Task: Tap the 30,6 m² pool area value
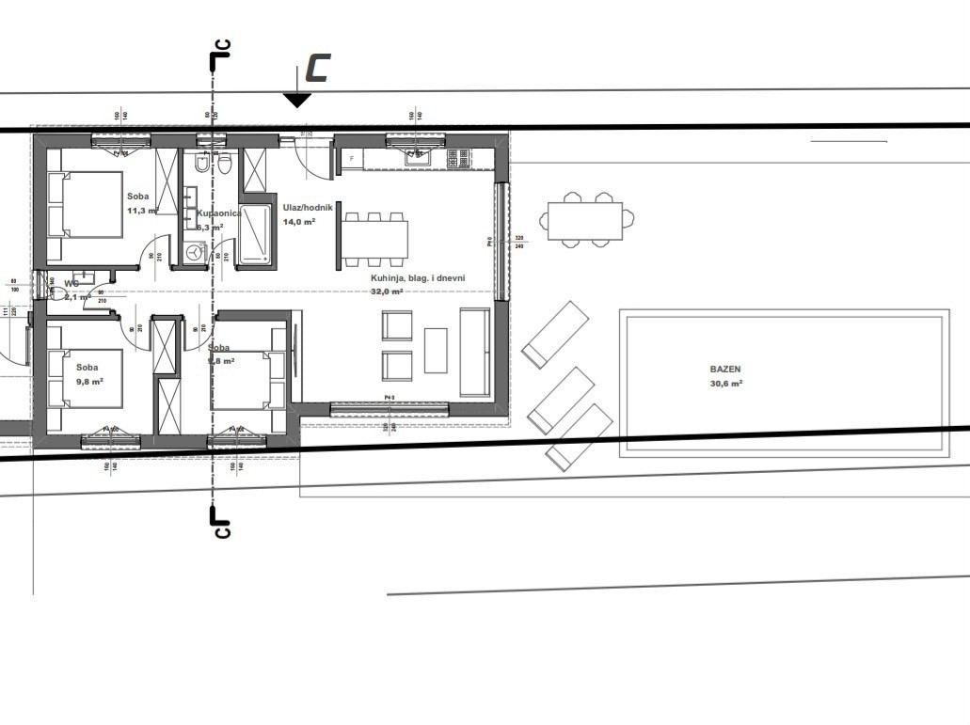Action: tap(727, 384)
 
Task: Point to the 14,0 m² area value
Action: tap(299, 221)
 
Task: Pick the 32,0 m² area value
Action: tap(387, 292)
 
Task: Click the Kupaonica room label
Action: tap(218, 213)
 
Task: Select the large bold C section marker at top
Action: tap(317, 68)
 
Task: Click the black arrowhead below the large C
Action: tap(297, 101)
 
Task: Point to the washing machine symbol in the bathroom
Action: tap(195, 253)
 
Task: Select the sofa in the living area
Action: tap(474, 352)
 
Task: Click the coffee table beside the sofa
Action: tap(436, 350)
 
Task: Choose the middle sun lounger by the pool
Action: tap(561, 400)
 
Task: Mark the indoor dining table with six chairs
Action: tap(374, 239)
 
